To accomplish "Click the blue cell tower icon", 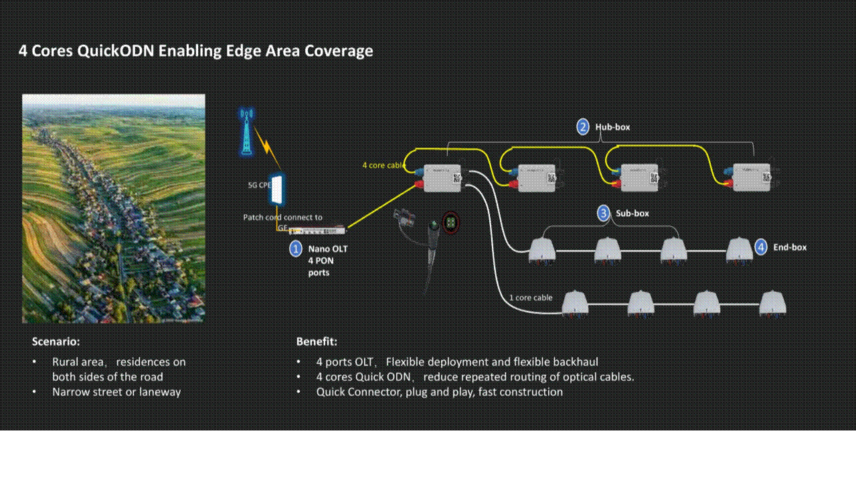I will [246, 131].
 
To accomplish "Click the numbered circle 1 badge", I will [296, 249].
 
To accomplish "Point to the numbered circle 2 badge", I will [583, 127].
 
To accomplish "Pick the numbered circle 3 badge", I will [604, 213].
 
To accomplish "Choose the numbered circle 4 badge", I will [761, 247].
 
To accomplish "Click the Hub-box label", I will [612, 127].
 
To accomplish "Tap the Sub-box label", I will [632, 213].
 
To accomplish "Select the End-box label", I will [790, 247].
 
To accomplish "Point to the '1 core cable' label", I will [531, 297].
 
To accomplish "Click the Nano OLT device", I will [319, 231].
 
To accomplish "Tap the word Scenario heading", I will [56, 341].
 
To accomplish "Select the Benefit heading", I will [317, 341].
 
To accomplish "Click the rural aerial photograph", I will [114, 208].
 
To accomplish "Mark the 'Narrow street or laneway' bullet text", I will [116, 392].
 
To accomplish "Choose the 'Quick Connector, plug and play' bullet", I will [439, 392].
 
